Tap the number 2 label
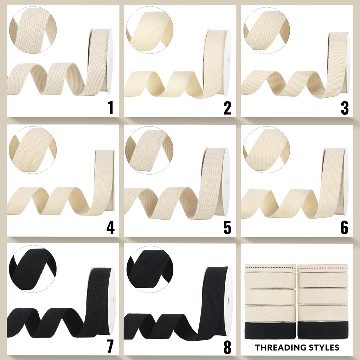pyautogui.click(x=227, y=108)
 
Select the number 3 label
pyautogui.click(x=345, y=108)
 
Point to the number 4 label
pyautogui.click(x=110, y=227)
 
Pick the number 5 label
pyautogui.click(x=227, y=227)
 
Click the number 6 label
pyautogui.click(x=345, y=227)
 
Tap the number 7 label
pyautogui.click(x=110, y=346)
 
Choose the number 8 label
pyautogui.click(x=227, y=347)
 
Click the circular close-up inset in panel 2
pyautogui.click(x=150, y=30)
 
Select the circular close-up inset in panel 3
pyautogui.click(x=266, y=30)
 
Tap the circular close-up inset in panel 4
pyautogui.click(x=33, y=150)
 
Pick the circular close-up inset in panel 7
pyautogui.click(x=33, y=269)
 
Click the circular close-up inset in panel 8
pyautogui.click(x=150, y=269)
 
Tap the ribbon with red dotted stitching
pyautogui.click(x=323, y=268)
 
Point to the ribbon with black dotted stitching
pyautogui.click(x=270, y=268)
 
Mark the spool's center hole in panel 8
pyautogui.click(x=229, y=301)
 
